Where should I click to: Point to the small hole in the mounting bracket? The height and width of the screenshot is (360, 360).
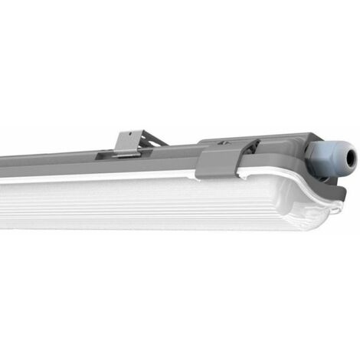coord(126,139)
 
